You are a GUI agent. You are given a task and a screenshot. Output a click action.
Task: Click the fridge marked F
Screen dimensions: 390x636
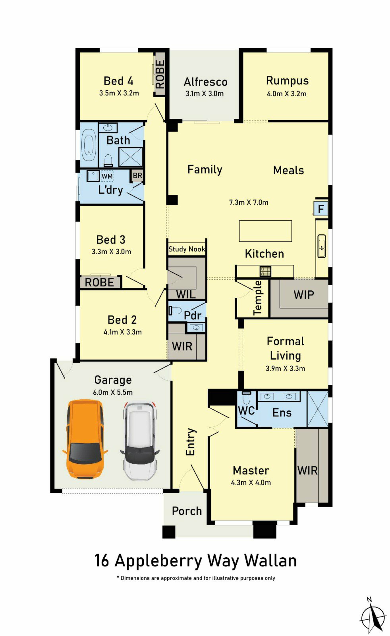coord(321,209)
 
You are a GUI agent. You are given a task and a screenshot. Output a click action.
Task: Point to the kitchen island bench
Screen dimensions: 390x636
coord(265,231)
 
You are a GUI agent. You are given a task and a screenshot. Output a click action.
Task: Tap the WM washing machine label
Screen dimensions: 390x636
coord(107,176)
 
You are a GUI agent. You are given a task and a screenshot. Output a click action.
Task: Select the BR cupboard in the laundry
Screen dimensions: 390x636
coord(137,176)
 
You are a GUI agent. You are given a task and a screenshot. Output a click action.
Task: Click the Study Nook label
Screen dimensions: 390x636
coord(187,249)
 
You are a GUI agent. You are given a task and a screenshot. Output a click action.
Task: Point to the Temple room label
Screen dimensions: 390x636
coord(258,298)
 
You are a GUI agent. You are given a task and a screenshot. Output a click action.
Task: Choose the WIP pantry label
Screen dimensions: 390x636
coord(304,294)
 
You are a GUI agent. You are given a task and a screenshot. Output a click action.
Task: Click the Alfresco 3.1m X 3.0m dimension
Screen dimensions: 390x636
coord(205,94)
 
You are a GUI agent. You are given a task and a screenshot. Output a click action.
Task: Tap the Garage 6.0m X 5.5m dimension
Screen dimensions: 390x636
coord(113,393)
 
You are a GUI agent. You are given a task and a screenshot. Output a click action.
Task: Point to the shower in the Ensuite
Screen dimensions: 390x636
coord(317,409)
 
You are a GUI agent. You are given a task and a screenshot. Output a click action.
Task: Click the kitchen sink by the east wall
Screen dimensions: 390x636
coord(321,246)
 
